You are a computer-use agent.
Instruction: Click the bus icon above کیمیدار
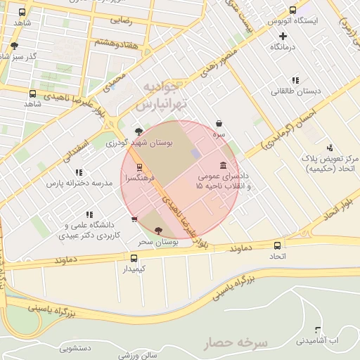[134, 258]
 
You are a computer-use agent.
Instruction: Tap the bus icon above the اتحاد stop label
[278, 246]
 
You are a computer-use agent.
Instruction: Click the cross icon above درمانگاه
[283, 36]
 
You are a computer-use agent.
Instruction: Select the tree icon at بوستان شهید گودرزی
[139, 131]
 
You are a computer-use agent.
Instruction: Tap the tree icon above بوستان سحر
[157, 231]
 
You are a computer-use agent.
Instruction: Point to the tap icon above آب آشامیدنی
[318, 330]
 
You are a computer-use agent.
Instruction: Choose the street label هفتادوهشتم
[107, 44]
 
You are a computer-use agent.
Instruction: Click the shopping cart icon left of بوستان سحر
[134, 219]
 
